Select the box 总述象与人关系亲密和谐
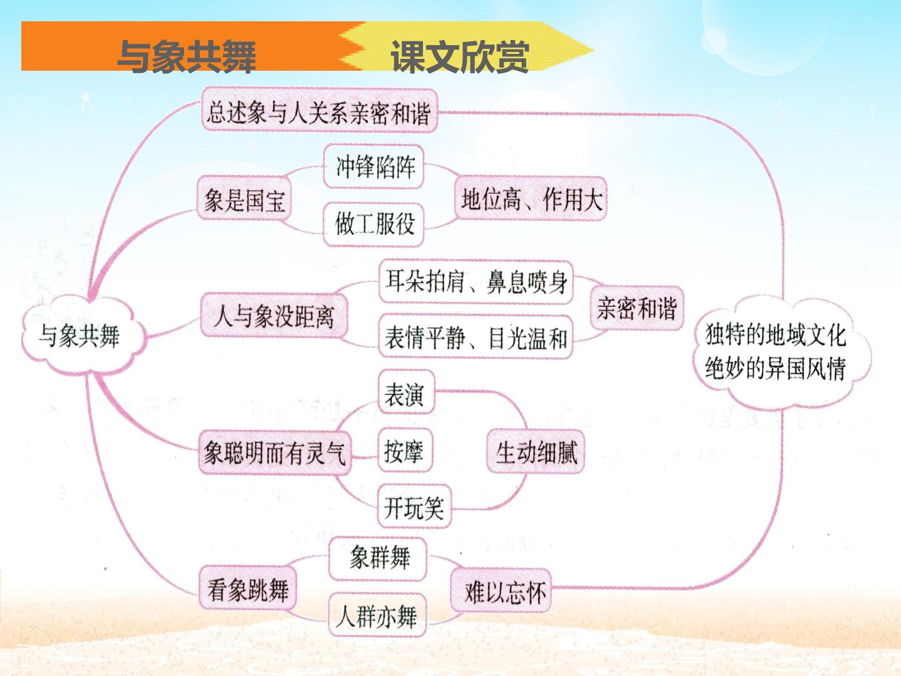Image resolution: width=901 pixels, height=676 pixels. [319, 110]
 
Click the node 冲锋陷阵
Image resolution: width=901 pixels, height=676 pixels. [374, 166]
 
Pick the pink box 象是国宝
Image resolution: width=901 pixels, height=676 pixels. [244, 199]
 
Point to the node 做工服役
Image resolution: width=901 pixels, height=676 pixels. [374, 225]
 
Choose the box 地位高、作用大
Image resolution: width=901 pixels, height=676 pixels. [531, 199]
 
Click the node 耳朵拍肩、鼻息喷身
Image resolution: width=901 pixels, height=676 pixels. [476, 282]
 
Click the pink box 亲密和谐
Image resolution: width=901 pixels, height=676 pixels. [637, 308]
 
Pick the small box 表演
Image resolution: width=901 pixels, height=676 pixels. [406, 392]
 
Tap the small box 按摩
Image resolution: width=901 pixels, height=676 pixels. [405, 450]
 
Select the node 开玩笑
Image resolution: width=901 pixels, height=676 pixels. [415, 506]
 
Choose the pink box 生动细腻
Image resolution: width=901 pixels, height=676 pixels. [535, 451]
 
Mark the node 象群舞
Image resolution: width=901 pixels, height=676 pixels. [378, 558]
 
